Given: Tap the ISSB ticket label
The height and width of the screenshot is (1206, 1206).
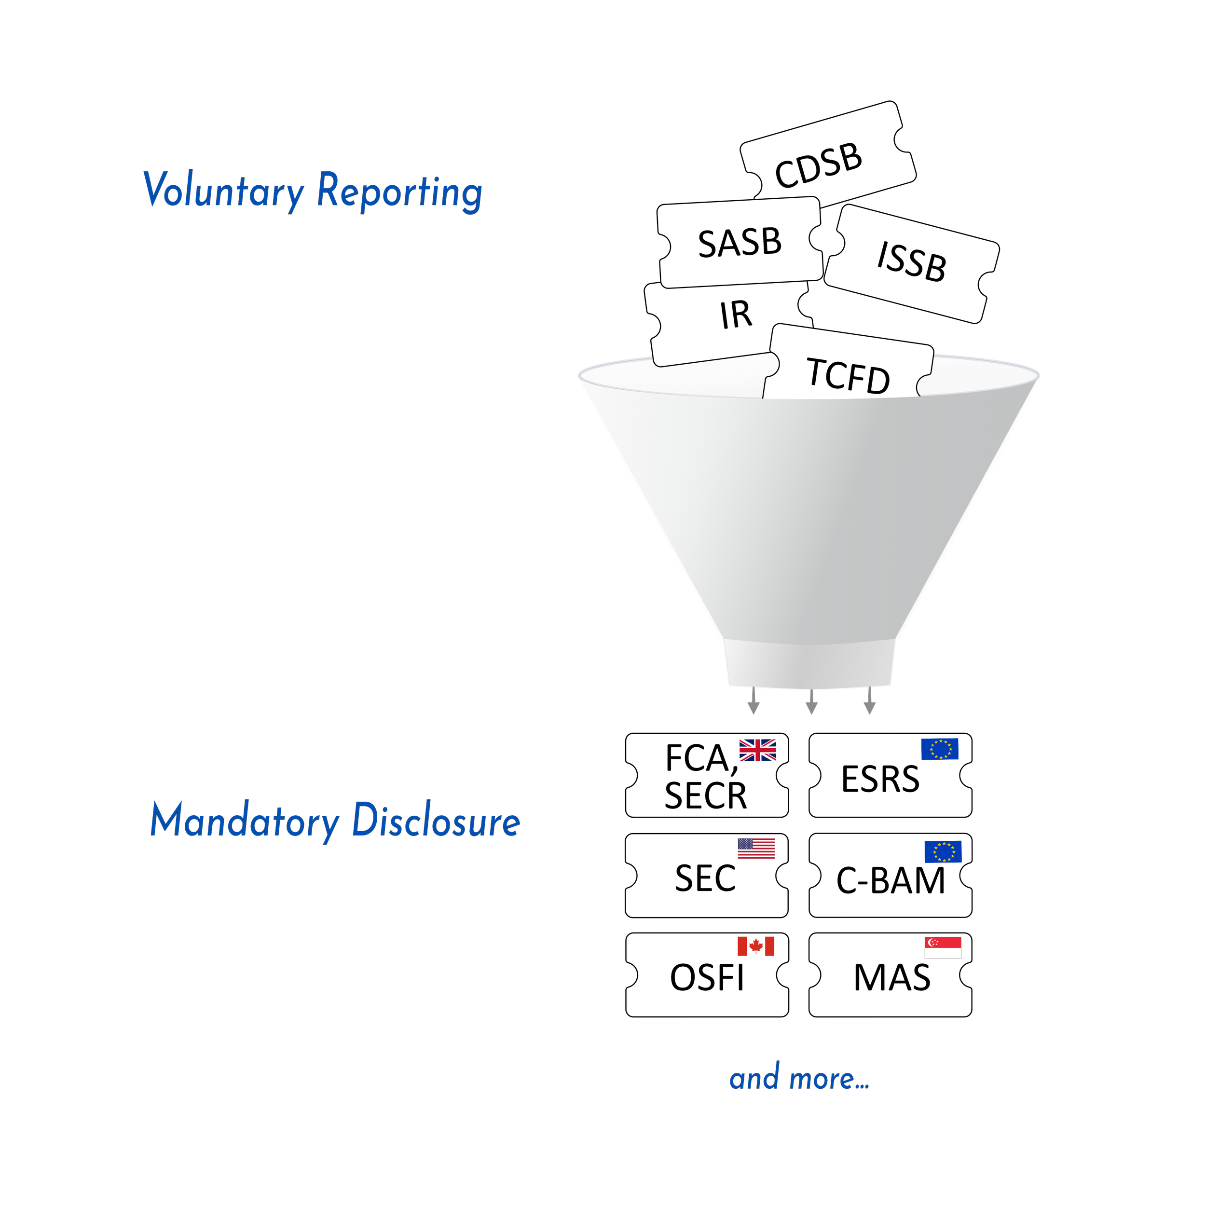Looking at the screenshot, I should click(911, 261).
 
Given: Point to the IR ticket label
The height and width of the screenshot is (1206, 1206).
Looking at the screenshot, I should click(736, 315).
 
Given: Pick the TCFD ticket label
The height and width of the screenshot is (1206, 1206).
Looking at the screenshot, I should click(849, 376).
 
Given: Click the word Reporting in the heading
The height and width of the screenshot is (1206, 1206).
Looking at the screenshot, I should click(399, 191).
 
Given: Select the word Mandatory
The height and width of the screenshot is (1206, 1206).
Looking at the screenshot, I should click(244, 821).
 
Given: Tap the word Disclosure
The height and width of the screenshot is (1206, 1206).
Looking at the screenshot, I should click(436, 821).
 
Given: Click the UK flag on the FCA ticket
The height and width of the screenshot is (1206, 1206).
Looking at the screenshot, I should click(757, 750).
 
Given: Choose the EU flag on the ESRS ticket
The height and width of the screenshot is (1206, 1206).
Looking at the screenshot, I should click(939, 749).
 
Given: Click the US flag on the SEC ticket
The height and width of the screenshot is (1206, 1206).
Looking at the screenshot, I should click(756, 849).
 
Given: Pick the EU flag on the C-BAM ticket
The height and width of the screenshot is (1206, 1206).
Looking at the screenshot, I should click(943, 851).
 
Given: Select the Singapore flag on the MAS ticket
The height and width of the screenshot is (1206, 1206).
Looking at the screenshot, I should click(943, 947).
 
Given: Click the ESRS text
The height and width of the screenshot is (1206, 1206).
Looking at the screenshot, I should click(880, 780).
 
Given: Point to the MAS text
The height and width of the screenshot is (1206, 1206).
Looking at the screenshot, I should click(891, 977).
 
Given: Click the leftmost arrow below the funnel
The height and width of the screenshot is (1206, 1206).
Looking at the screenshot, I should click(754, 702).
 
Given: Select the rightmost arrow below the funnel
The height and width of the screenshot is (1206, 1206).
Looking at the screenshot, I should click(870, 702).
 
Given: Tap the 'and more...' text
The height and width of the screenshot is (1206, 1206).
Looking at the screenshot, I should click(799, 1079).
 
